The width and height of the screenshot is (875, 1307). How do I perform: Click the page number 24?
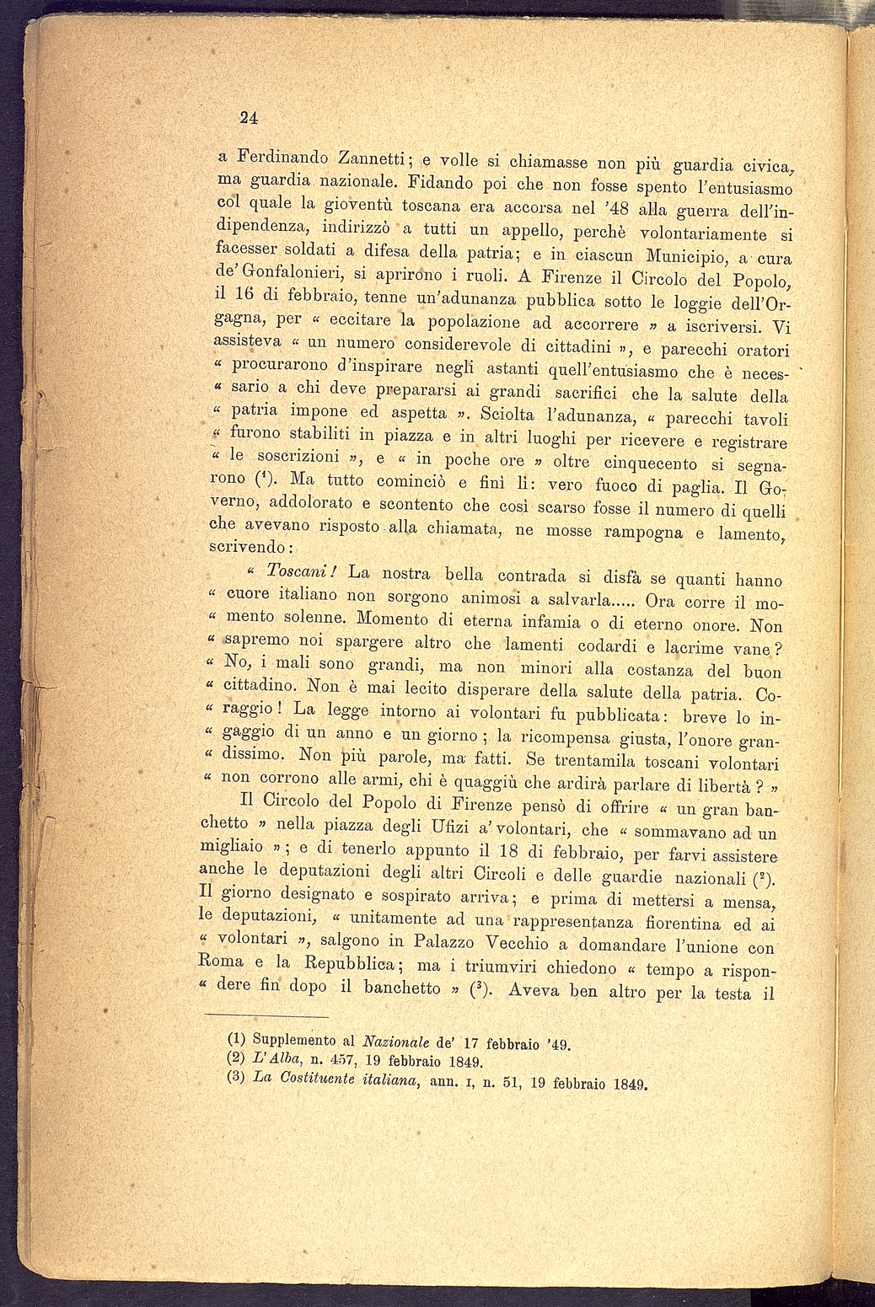coord(247,117)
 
